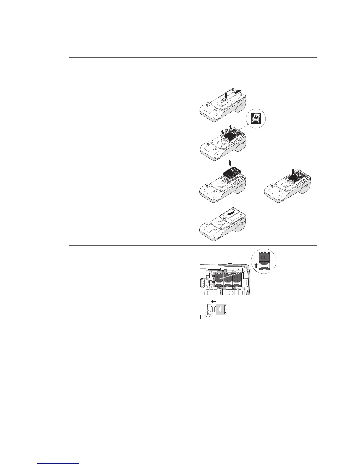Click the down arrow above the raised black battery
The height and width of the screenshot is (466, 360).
click(230, 163)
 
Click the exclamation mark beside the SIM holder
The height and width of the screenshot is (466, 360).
click(200, 318)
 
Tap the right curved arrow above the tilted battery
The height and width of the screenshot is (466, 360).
click(231, 127)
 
